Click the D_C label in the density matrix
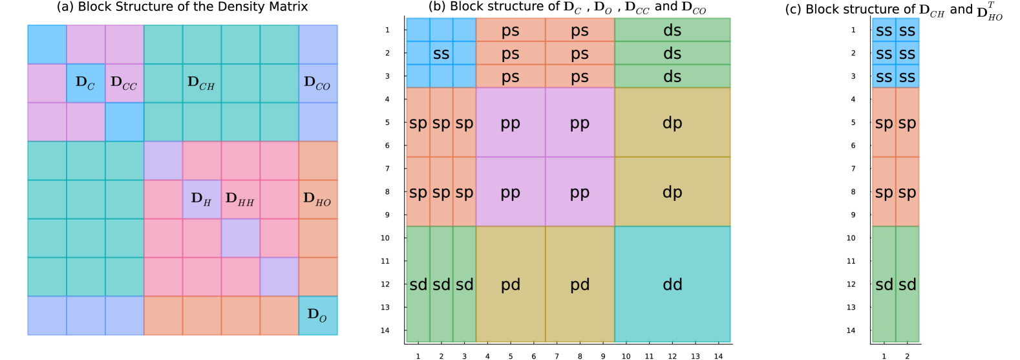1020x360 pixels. [x=85, y=83]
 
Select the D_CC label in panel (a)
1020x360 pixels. [x=123, y=83]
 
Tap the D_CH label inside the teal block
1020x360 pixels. [x=201, y=83]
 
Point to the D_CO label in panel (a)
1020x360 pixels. [x=317, y=83]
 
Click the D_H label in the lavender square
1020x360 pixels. [x=201, y=199]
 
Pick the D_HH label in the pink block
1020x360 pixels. [x=240, y=199]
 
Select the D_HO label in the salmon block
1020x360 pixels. [x=317, y=199]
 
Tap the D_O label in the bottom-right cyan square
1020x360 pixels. [x=317, y=315]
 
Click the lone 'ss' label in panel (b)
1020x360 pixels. [x=441, y=54]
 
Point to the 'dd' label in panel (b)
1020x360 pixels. [x=672, y=284]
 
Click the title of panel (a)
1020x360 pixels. [x=182, y=7]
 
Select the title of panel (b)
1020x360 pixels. [x=567, y=8]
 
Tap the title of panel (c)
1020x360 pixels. [x=893, y=10]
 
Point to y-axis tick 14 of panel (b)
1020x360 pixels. [x=385, y=331]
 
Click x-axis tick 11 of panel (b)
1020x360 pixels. [x=649, y=356]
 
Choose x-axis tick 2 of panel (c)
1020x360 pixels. [x=908, y=356]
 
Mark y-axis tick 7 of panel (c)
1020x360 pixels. [x=853, y=169]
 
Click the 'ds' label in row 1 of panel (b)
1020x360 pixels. [x=672, y=30]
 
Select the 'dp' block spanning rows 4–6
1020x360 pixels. [x=672, y=123]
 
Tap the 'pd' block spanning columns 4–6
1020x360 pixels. [x=511, y=284]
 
